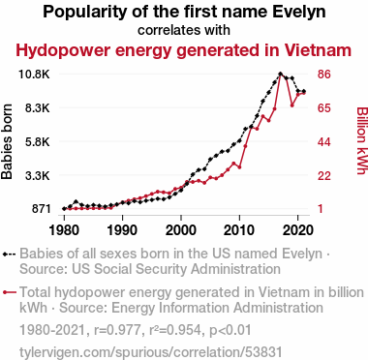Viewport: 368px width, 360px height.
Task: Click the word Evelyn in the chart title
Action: pos(299,12)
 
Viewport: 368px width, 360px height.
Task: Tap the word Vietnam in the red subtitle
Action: pos(318,50)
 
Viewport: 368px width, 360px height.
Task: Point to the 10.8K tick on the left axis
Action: pos(34,75)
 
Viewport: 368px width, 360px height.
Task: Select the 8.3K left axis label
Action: pos(38,108)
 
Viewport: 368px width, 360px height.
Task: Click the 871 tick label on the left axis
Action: pos(41,209)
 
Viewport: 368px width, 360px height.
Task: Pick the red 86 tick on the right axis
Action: pos(324,75)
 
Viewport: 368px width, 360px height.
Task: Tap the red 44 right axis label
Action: pos(324,142)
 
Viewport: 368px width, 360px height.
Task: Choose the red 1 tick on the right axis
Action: pos(321,209)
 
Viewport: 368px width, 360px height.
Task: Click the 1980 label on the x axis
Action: pos(64,230)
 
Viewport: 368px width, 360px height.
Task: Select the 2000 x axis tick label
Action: pos(181,230)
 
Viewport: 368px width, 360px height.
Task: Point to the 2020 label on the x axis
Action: pos(297,230)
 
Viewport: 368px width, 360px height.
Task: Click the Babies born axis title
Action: pos(7,141)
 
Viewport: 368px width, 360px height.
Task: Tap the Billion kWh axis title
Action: pos(362,140)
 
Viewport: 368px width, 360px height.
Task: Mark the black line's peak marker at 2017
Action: pos(280,74)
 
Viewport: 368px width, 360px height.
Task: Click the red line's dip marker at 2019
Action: pos(292,105)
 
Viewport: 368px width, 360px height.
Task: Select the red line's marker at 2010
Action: pos(239,167)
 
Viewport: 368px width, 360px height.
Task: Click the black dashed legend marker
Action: pos(9,255)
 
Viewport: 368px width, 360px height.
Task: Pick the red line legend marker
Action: pos(9,292)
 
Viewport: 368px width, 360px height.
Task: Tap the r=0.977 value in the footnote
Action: pos(117,330)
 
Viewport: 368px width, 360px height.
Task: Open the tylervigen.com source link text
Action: pos(151,352)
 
